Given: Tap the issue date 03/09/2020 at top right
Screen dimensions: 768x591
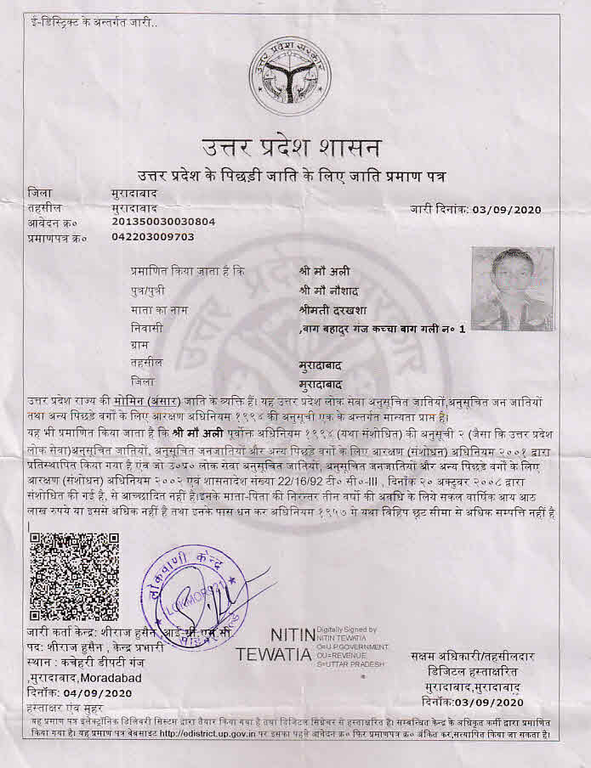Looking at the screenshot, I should click(505, 209).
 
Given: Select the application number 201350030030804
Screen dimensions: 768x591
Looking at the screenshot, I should click(163, 222).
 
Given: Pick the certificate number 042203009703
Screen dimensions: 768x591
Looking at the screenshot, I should click(153, 236).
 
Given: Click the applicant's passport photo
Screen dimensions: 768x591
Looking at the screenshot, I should click(512, 289).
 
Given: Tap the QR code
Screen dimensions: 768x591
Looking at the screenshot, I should click(74, 577).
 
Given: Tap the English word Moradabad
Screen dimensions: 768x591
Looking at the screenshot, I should click(113, 677).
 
